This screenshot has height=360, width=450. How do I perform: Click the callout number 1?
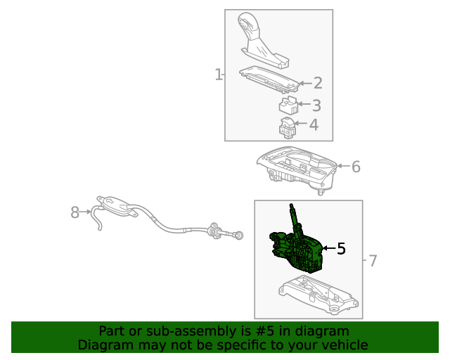pyautogui.click(x=218, y=75)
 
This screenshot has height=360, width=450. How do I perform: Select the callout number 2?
pyautogui.click(x=318, y=83)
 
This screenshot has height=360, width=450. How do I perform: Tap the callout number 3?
pyautogui.click(x=316, y=105)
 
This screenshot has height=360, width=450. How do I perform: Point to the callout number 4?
pyautogui.click(x=314, y=125)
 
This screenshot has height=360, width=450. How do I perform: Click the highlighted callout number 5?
pyautogui.click(x=341, y=248)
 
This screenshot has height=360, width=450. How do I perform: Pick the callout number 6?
pyautogui.click(x=356, y=167)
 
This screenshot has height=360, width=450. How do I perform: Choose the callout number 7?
pyautogui.click(x=373, y=261)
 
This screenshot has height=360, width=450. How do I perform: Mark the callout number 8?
pyautogui.click(x=75, y=212)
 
